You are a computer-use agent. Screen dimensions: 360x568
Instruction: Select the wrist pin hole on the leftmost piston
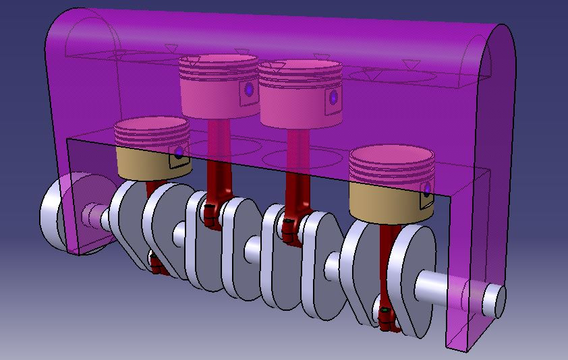pos(179,154)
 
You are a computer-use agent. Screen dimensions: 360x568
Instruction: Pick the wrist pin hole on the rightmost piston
pos(427,187)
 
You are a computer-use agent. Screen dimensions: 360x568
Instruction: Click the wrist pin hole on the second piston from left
pos(250,89)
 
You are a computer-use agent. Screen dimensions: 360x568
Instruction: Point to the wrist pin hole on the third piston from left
pos(333,98)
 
